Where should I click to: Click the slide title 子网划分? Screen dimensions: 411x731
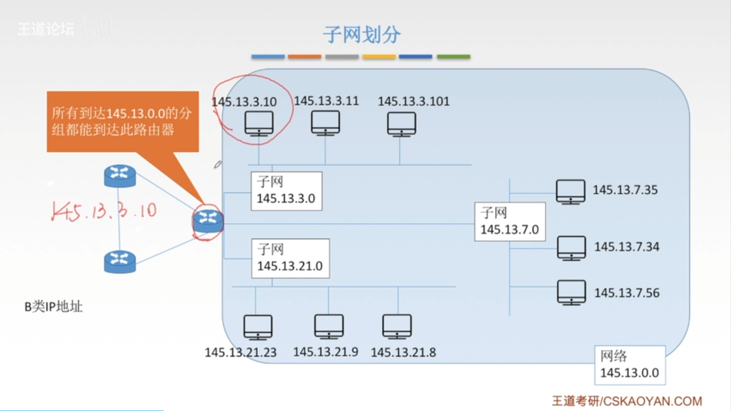coord(361,35)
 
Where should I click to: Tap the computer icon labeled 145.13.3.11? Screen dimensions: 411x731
coord(326,122)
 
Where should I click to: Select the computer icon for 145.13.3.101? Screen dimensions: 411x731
coord(401,124)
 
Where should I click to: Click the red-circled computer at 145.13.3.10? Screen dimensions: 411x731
coord(259,123)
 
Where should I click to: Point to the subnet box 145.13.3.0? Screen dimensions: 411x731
coord(286,191)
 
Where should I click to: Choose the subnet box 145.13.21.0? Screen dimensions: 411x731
coord(290,258)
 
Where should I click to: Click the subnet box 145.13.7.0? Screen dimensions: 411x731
coord(509,222)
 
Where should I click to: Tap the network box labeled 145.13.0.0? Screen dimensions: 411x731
coord(629,365)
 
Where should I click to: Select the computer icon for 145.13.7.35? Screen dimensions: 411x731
coord(570,192)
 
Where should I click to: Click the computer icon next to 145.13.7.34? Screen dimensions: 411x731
coord(571,248)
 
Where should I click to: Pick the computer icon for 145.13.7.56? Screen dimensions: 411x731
coord(571,292)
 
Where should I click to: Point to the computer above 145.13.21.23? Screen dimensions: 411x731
coord(258,327)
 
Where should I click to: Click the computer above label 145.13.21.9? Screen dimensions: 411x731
coord(329,326)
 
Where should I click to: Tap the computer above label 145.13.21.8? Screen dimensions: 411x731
coord(397,326)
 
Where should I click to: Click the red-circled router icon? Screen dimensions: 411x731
coord(208,221)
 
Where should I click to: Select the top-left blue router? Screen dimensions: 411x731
coord(120,176)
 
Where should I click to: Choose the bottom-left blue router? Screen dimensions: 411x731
coord(120,261)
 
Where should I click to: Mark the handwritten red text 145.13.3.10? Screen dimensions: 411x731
coord(104,211)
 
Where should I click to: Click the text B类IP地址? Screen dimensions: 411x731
coord(53,307)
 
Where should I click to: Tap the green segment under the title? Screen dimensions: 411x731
coord(453,56)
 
